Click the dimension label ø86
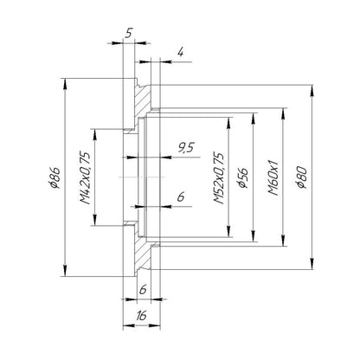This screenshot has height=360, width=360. (55, 177)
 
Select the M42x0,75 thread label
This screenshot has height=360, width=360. (85, 177)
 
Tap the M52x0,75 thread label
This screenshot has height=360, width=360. (219, 178)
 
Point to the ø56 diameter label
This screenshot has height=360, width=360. (243, 177)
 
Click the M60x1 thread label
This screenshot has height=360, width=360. (273, 177)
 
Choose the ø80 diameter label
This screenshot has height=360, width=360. (303, 177)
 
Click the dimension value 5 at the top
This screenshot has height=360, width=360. (128, 33)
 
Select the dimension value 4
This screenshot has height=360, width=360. (180, 52)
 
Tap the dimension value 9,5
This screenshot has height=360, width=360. (185, 148)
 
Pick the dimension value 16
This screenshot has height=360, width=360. (141, 316)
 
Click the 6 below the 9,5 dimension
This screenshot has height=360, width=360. (181, 197)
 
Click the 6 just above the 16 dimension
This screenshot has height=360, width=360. (143, 289)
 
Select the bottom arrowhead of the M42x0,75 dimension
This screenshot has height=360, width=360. (94, 220)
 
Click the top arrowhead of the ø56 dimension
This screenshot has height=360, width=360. (254, 119)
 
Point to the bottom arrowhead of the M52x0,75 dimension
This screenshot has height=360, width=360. (228, 231)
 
